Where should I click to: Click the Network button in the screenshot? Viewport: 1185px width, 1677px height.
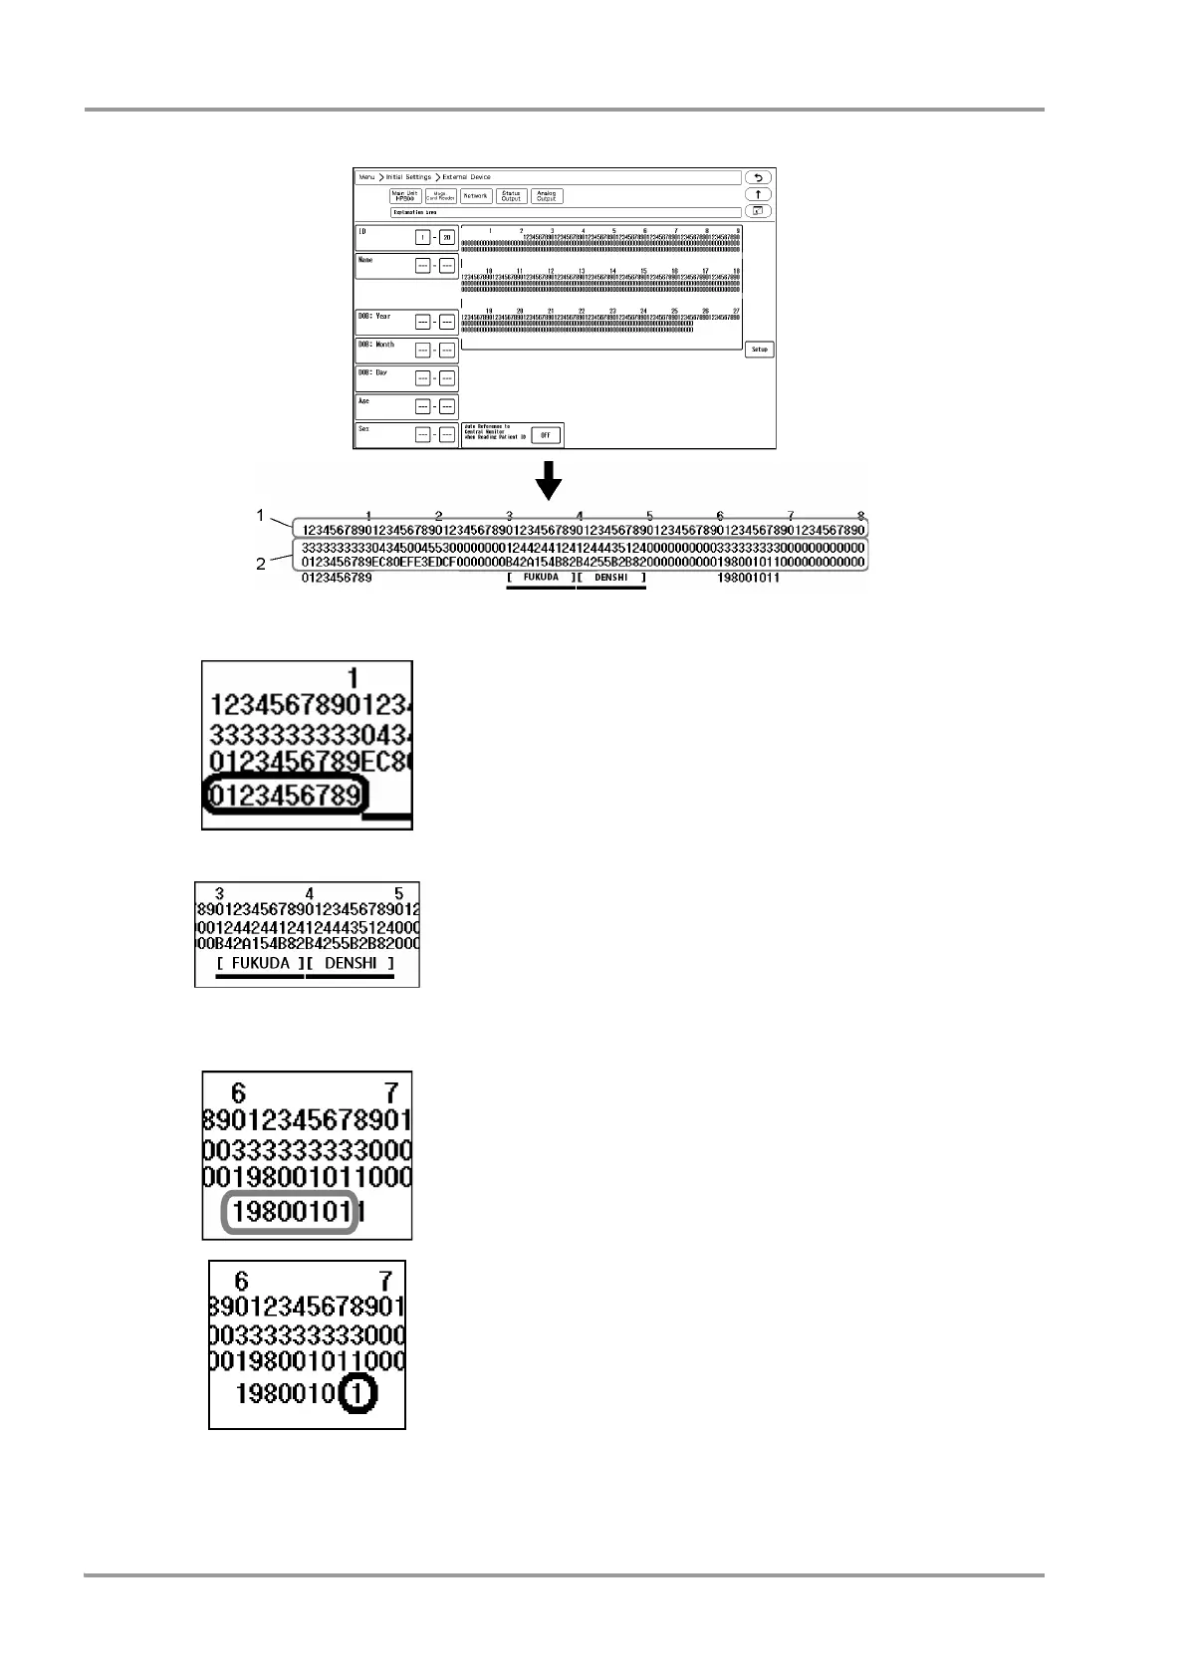click(476, 196)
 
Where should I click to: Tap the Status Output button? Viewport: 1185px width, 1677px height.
click(511, 196)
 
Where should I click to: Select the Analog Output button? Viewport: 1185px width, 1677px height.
click(547, 196)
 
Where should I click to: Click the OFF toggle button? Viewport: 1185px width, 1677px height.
click(546, 435)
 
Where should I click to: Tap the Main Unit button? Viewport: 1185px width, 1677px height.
click(405, 196)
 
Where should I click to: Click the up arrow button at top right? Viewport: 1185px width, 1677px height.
click(758, 194)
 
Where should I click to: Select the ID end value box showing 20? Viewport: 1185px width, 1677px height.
click(447, 237)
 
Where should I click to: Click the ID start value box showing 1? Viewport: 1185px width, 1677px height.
click(423, 237)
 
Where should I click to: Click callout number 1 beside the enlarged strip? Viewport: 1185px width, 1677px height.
click(261, 515)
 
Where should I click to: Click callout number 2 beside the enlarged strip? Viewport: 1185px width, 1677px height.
click(261, 564)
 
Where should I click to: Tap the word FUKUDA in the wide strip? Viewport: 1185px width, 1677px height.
click(541, 578)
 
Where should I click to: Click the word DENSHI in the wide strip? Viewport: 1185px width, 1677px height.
click(611, 578)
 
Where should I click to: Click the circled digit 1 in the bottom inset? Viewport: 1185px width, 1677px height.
click(355, 1393)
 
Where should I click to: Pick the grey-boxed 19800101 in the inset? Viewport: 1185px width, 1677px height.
click(290, 1213)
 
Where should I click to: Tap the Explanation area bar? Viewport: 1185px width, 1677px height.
click(566, 212)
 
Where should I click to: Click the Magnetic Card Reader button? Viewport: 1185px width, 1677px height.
click(441, 196)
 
